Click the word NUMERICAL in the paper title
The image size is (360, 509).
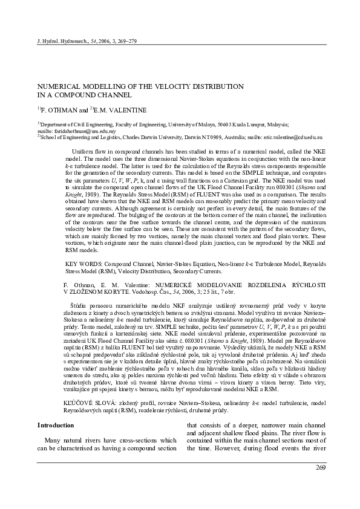pos(60,86)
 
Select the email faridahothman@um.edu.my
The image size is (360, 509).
pos(79,131)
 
